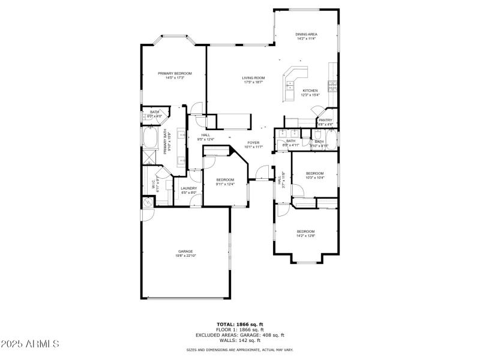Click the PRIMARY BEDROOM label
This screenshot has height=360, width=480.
175,73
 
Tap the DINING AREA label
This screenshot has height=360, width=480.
306,34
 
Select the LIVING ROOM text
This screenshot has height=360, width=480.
253,77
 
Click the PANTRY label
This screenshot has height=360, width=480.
325,120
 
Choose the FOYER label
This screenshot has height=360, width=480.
254,142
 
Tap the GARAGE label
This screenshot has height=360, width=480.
185,251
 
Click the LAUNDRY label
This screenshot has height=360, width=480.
189,188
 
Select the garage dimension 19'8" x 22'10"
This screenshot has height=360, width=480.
185,256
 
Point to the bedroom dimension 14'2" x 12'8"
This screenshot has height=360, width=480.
305,236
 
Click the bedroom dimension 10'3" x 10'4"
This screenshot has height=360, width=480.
314,178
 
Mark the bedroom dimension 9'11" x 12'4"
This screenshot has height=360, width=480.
224,184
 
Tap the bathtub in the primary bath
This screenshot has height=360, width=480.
149,139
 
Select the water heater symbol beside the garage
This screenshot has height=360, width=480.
148,203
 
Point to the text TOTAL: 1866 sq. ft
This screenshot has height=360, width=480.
240,324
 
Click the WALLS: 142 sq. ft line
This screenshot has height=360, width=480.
240,340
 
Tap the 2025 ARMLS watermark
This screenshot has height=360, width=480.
30,344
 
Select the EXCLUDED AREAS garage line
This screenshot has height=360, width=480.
240,335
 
